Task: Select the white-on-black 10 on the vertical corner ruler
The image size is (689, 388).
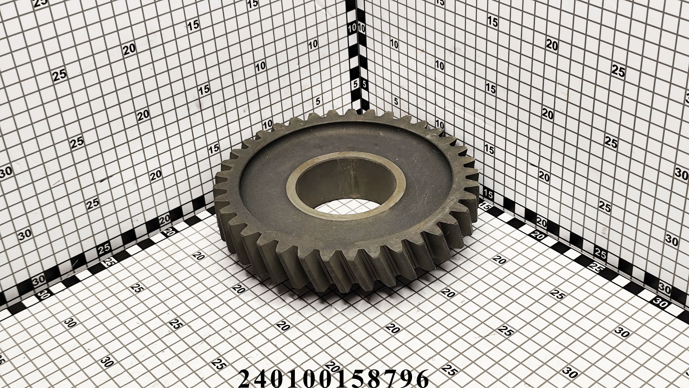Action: [x=353, y=28]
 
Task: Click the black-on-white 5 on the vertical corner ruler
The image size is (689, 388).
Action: [x=364, y=84]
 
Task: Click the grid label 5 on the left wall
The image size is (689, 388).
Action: [x=318, y=101]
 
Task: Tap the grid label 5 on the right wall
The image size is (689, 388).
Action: [x=396, y=102]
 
